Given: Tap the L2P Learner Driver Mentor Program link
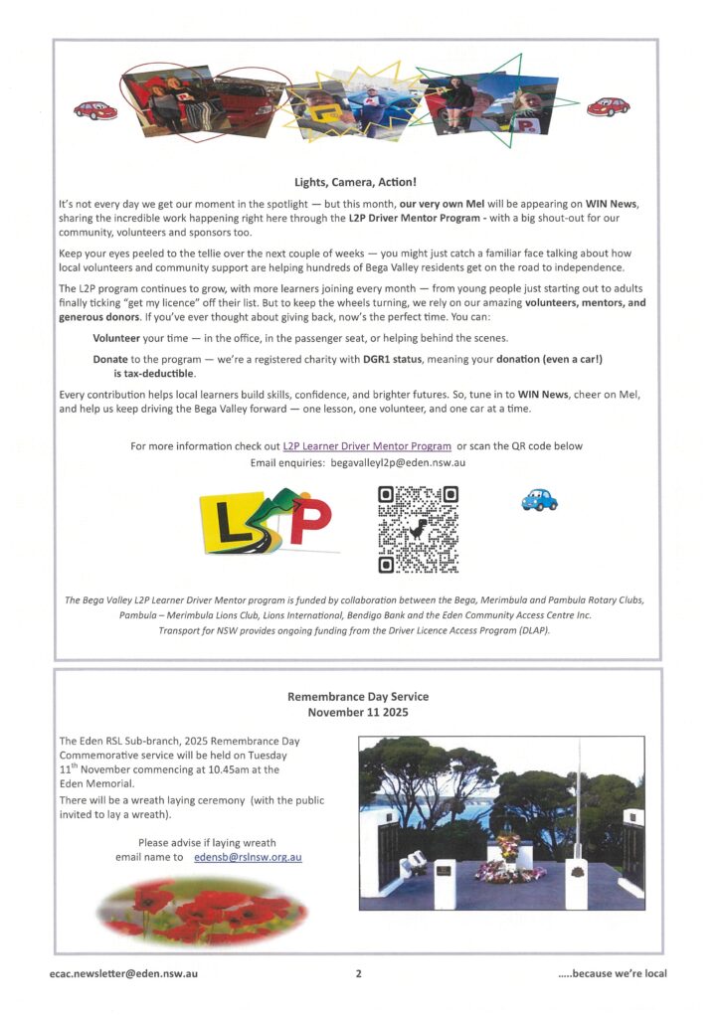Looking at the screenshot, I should pyautogui.click(x=367, y=446).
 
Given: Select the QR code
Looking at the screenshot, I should pyautogui.click(x=419, y=529).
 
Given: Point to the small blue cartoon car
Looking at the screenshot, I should pyautogui.click(x=539, y=500).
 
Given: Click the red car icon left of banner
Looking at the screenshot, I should pyautogui.click(x=95, y=109).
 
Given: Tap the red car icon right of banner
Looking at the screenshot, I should pyautogui.click(x=608, y=106).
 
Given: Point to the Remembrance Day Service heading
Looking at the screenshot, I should pyautogui.click(x=357, y=697).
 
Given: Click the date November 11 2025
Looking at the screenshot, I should pyautogui.click(x=357, y=713).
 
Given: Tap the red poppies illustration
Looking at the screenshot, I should pyautogui.click(x=202, y=909).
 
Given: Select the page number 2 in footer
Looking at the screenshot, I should pyautogui.click(x=358, y=973).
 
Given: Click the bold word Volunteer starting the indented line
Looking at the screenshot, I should pyautogui.click(x=119, y=338).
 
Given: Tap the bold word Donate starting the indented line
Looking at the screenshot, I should pyautogui.click(x=112, y=358).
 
